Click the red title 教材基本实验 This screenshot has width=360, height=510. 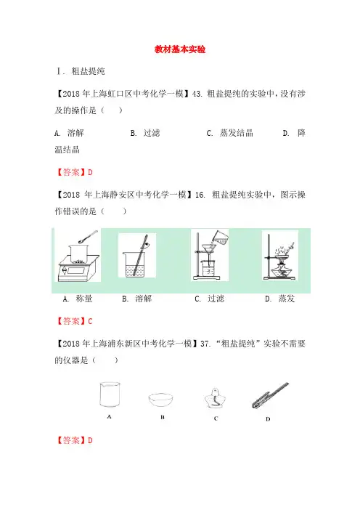180,49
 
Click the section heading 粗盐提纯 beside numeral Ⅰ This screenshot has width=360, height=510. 88,71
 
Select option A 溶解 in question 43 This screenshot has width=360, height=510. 69,133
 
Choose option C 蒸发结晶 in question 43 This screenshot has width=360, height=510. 230,133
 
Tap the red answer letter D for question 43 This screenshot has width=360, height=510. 90,172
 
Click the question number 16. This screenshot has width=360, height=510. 200,195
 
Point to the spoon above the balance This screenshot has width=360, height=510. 88,236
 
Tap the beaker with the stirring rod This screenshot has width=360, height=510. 134,264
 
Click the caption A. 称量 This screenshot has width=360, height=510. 78,299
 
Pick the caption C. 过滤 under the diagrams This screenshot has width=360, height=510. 210,299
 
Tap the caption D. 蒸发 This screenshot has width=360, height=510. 280,299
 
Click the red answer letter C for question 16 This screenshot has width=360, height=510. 90,321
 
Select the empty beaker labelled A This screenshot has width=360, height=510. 110,394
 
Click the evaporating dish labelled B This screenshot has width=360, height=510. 161,400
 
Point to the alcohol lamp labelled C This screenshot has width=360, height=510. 215,398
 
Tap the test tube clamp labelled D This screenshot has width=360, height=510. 270,395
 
